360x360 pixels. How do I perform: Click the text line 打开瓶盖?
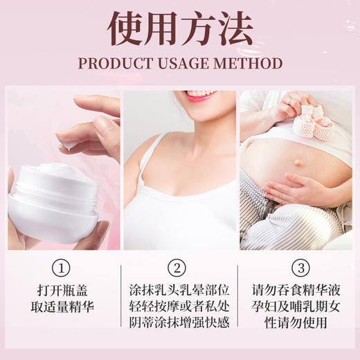pyautogui.click(x=64, y=289)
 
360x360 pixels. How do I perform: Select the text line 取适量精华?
pyautogui.click(x=64, y=306)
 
